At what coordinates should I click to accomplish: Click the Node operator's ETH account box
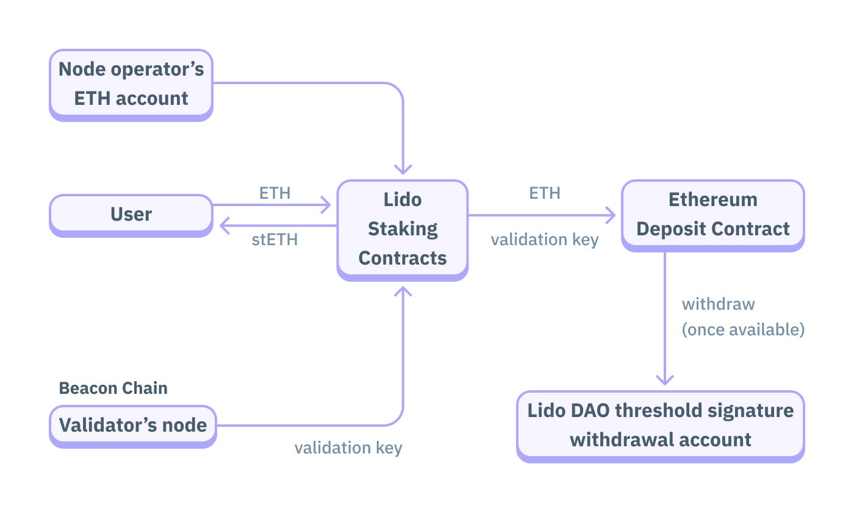pos(131,84)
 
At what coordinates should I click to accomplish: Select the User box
pos(131,214)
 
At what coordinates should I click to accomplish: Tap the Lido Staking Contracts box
pos(403,229)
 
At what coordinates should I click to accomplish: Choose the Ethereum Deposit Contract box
pos(712,214)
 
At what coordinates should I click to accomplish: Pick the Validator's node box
pos(133,425)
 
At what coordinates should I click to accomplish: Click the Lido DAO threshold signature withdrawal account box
pos(661,425)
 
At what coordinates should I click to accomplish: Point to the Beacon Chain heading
pos(113,388)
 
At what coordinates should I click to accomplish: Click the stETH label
pos(275,240)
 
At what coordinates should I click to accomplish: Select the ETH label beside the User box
pos(275,193)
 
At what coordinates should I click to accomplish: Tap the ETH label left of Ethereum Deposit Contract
pos(545,193)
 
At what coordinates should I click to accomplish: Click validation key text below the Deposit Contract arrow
pos(545,240)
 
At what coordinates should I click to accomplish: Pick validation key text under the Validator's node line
pos(348,448)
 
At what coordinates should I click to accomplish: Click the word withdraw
pos(718,304)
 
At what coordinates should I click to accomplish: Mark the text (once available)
pos(743,330)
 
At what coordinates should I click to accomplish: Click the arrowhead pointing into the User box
pos(223,226)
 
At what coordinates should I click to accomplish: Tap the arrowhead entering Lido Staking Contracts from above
pos(403,169)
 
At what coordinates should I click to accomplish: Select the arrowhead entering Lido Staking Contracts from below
pos(403,291)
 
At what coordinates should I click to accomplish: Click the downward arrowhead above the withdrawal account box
pos(664,379)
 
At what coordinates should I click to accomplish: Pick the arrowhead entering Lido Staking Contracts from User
pos(326,205)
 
